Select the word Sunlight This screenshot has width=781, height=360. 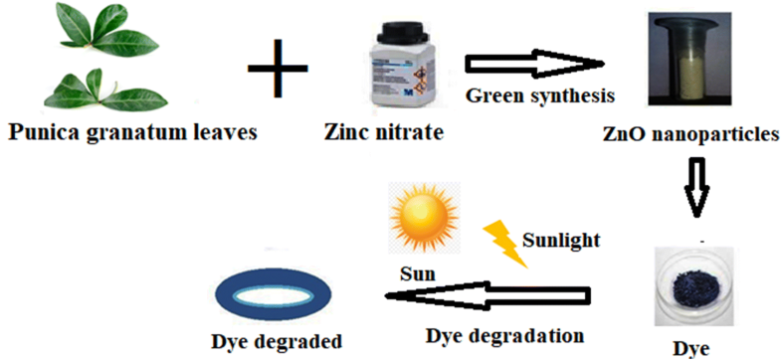[562, 240]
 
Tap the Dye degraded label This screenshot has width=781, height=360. [277, 341]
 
